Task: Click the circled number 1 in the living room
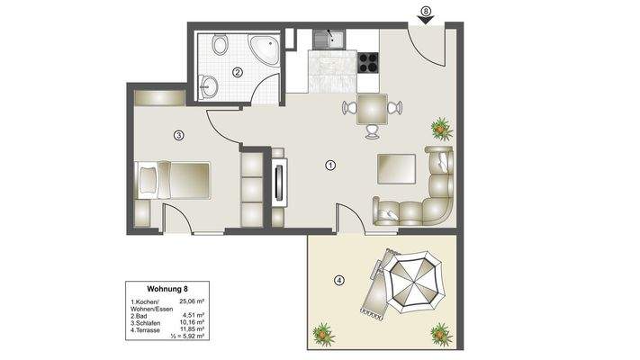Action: point(330,166)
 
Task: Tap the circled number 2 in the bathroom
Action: point(238,73)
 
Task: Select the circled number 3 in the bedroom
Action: point(179,136)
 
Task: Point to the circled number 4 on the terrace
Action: point(338,280)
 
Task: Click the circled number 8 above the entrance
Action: point(426,11)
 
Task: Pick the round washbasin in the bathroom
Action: point(210,86)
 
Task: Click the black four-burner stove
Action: point(369,62)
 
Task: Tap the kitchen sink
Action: point(329,39)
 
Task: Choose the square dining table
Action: point(372,110)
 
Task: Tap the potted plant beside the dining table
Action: point(440,129)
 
